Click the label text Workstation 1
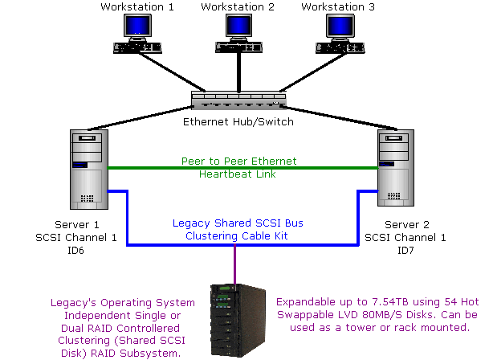click(x=137, y=7)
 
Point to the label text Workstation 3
click(x=338, y=7)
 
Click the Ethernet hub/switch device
click(x=238, y=101)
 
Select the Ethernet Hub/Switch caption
click(x=238, y=122)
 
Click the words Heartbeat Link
click(x=238, y=174)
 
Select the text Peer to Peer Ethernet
click(x=238, y=162)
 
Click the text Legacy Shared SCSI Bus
click(x=238, y=223)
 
